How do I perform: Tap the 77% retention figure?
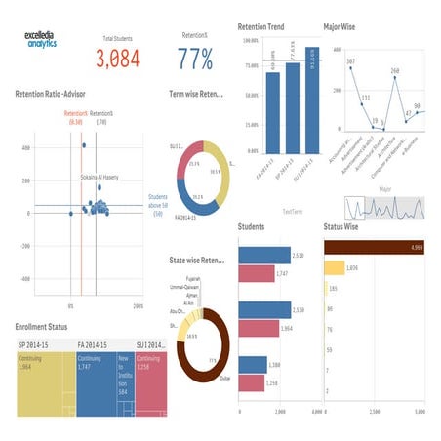[x=195, y=59]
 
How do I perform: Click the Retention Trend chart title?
[x=261, y=26]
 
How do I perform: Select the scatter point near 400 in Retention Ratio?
[x=84, y=146]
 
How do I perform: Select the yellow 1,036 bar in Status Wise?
[x=335, y=267]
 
